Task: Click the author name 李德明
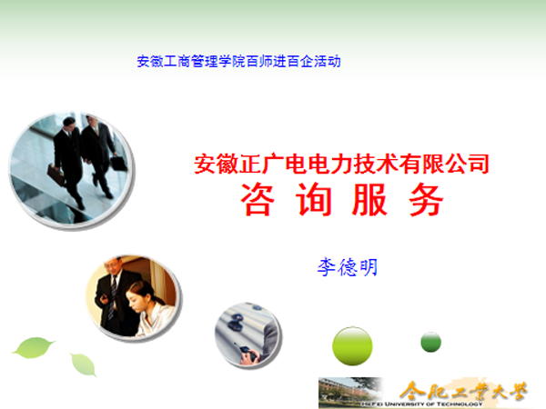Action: pos(347,267)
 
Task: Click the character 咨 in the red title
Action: pos(258,200)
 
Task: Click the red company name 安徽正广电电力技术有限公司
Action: pos(342,165)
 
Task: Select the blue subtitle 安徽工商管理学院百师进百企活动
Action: pos(238,62)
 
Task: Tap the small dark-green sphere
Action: pos(431,342)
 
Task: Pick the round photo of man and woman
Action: pos(131,296)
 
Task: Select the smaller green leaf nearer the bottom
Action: pos(84,364)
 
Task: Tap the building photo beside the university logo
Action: pos(349,391)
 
